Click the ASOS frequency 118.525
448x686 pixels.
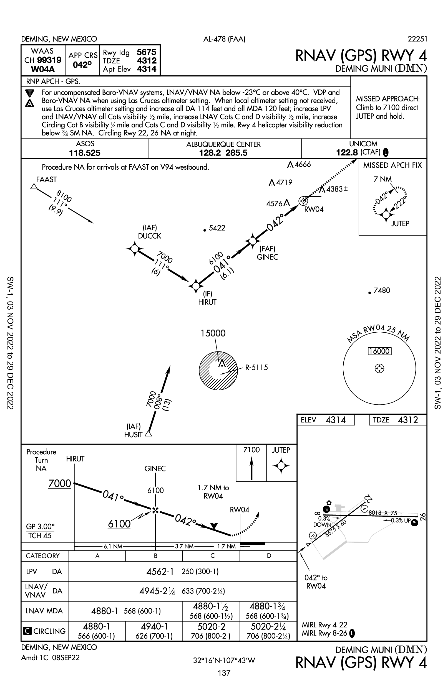coord(85,153)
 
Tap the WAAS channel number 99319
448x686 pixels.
coord(49,60)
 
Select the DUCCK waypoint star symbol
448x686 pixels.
coord(135,248)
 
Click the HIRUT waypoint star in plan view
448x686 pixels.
coord(196,286)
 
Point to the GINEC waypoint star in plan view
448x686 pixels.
coord(253,240)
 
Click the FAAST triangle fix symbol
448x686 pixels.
coord(34,187)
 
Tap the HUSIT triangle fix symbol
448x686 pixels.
coord(149,433)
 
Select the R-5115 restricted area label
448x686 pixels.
coord(256,367)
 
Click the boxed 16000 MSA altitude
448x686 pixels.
coord(379,351)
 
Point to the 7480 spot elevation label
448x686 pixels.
coord(382,290)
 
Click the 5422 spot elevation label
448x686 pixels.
coord(217,228)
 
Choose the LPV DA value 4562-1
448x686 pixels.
coord(160,572)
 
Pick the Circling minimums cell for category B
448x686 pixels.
coord(154,631)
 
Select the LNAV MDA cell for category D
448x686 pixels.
coord(268,611)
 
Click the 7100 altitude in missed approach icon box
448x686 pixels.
coord(251,450)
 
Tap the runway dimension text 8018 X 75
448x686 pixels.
coord(383,513)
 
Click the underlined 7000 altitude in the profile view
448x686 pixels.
coord(60,483)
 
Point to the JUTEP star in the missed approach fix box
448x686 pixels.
coord(386,215)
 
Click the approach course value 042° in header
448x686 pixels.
coord(82,65)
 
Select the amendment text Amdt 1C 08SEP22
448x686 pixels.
coord(50,657)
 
